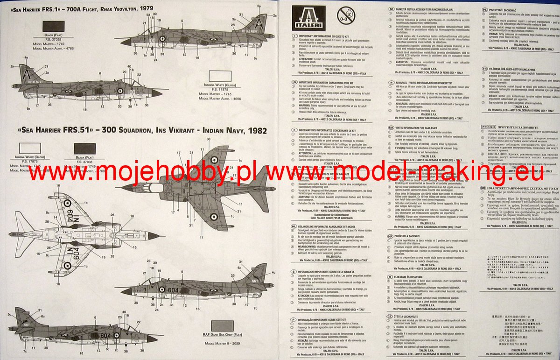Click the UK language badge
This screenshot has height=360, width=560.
(x=294, y=81)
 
